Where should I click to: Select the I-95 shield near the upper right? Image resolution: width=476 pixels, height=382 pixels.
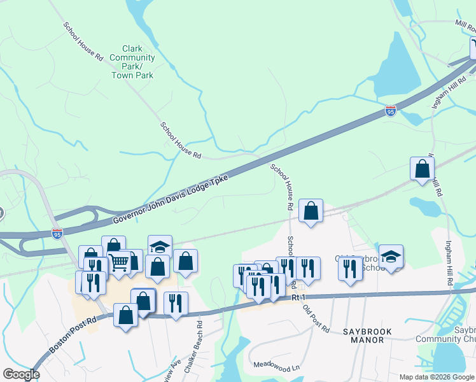point(391,111)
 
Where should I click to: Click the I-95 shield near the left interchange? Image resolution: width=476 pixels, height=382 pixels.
point(57,234)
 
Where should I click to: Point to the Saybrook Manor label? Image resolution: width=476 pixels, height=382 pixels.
point(355,336)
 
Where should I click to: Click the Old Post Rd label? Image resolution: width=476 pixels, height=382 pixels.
point(316,319)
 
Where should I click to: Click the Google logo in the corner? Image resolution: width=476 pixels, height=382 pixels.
point(21,374)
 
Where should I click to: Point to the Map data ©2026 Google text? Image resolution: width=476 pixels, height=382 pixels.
point(437,377)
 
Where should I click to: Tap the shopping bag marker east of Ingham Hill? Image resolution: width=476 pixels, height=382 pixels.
point(422,169)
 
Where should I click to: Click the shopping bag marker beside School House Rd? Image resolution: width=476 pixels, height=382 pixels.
point(311,211)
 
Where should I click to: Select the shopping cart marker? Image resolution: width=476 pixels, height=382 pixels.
point(118,262)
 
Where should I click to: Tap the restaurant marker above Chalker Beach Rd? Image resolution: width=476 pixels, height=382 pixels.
point(175,302)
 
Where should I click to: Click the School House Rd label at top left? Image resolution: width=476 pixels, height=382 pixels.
point(83,41)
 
